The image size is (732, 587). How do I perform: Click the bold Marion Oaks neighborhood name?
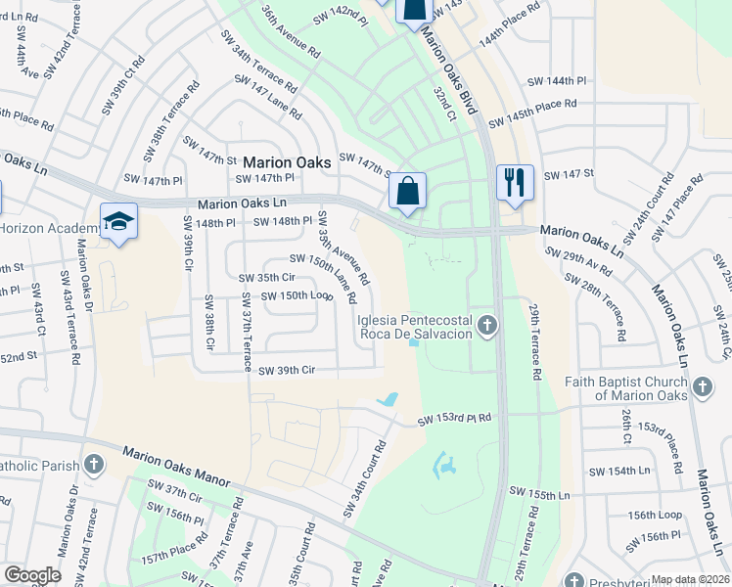(288, 163)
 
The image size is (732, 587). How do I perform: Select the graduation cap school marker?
(118, 221)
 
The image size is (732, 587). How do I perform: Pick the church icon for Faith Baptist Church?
(702, 388)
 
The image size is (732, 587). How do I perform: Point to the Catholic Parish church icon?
(94, 463)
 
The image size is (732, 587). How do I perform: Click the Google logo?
(32, 575)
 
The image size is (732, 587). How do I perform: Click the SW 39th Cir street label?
(287, 371)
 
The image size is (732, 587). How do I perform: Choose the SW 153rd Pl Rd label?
(454, 420)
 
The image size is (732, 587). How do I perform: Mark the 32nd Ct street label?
(445, 102)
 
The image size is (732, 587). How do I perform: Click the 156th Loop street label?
(655, 515)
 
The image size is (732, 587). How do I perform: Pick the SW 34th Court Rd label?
(364, 479)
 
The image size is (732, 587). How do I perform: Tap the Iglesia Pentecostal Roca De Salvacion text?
(415, 327)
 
